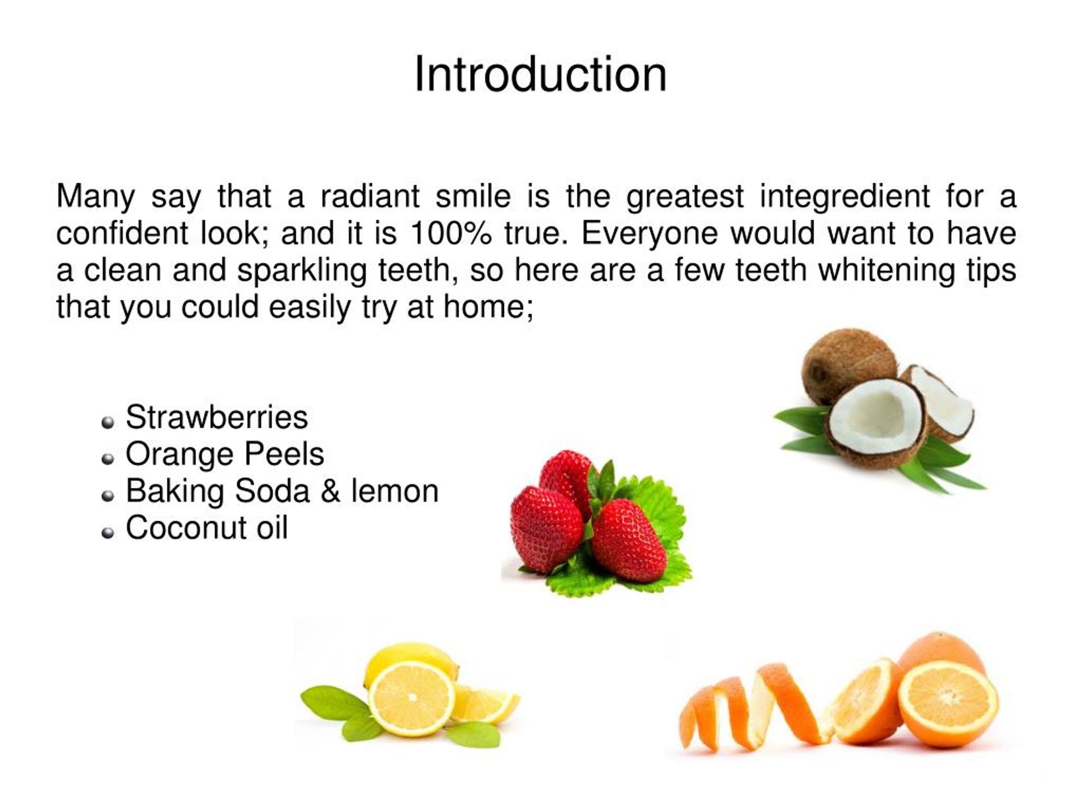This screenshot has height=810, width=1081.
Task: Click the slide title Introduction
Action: point(540,74)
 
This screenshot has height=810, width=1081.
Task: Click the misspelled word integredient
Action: point(844,196)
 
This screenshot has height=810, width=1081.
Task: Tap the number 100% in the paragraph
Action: point(450,233)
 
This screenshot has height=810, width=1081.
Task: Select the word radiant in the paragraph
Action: point(370,196)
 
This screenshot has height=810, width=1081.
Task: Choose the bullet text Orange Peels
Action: point(225,454)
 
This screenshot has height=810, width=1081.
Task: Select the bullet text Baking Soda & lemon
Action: point(282,491)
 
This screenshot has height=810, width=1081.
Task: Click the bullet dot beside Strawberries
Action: point(108,422)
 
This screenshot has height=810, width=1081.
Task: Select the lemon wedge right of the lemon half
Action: point(484,704)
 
